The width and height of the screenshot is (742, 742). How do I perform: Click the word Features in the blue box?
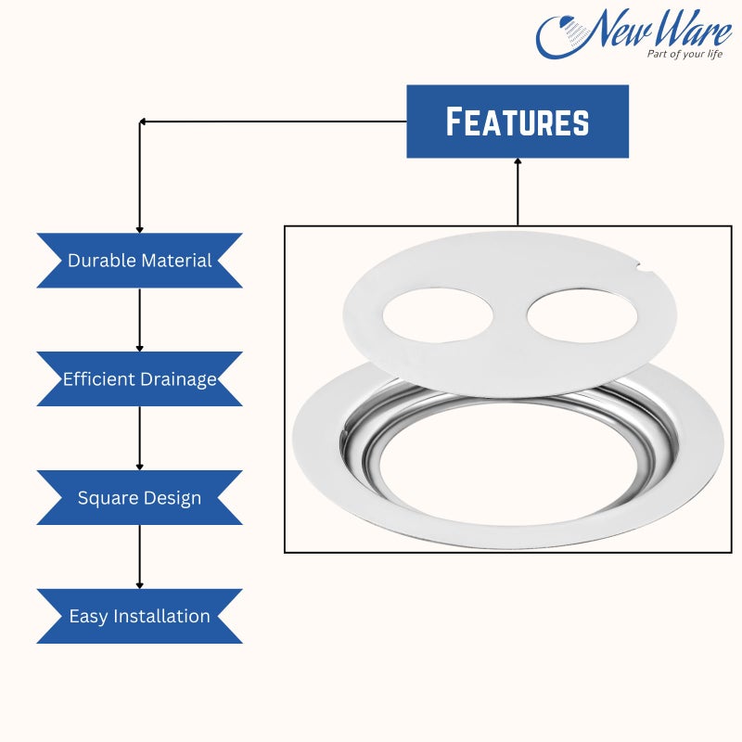(x=518, y=122)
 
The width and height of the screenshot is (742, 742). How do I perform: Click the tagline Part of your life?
(x=684, y=54)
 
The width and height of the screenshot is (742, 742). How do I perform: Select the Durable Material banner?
(x=140, y=261)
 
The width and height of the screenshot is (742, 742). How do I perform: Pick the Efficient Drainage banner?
(x=140, y=379)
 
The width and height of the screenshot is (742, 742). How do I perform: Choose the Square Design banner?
(x=140, y=498)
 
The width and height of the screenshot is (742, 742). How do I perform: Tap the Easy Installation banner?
(x=140, y=616)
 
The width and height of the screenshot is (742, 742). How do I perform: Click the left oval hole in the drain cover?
(x=438, y=314)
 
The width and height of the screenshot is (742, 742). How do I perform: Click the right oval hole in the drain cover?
(x=582, y=314)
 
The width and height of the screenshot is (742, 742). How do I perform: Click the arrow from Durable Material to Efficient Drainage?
(x=140, y=320)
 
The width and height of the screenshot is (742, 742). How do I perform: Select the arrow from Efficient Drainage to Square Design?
(x=140, y=438)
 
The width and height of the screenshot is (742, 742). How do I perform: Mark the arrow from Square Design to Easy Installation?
(x=140, y=557)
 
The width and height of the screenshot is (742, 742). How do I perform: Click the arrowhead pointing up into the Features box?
(x=518, y=161)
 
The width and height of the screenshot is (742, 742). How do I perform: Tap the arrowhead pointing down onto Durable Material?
(x=140, y=229)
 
